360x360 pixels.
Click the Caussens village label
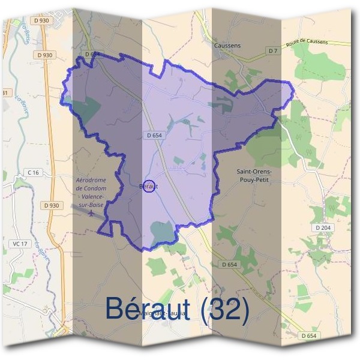pos(227,45)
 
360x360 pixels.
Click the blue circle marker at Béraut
pos(151,187)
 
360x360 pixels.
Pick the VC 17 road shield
pos(20,244)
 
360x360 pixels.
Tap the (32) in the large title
pos(225,309)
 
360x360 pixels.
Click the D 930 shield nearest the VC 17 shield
pos(52,205)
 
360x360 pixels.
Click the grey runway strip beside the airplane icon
pos(78,209)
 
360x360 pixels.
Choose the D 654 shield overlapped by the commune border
pos(92,54)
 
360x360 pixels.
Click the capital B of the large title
pos(115,308)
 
